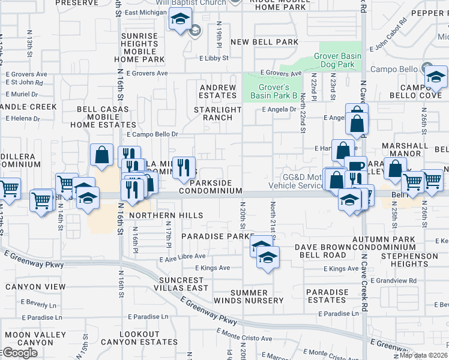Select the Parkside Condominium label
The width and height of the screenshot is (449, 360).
click(x=216, y=186)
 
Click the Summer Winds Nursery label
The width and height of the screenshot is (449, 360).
click(x=248, y=296)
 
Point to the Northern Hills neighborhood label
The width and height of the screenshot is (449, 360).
click(x=166, y=215)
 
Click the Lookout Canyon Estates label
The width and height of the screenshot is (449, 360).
click(x=148, y=338)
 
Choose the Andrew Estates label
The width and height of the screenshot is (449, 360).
click(x=218, y=91)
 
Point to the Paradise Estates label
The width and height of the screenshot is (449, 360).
click(x=327, y=296)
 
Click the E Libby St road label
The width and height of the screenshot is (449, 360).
click(x=214, y=58)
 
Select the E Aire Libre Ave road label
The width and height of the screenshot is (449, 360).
click(x=182, y=257)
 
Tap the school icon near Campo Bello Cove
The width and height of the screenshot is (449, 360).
click(x=436, y=77)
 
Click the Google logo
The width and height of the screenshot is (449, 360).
click(x=20, y=353)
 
